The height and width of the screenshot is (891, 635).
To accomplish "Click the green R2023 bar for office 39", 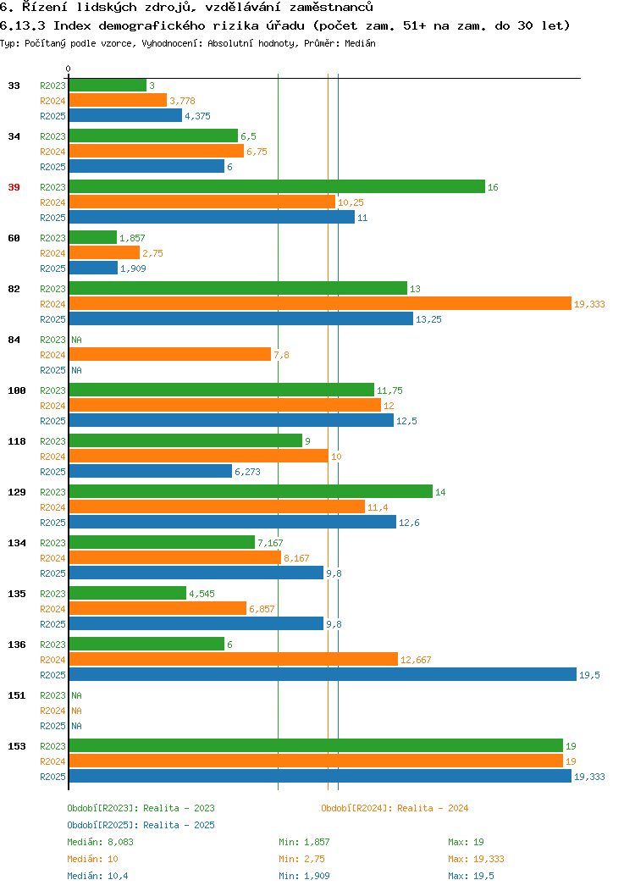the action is pos(277,187).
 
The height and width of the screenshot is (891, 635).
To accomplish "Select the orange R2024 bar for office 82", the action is pos(320,304).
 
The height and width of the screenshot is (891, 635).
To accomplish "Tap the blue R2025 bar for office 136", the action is pos(323,674).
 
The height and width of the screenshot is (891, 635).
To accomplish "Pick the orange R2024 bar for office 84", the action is pos(170,355).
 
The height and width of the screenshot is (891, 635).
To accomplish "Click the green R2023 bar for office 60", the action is pos(93,237).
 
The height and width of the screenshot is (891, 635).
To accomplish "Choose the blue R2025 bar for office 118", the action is pos(151,471).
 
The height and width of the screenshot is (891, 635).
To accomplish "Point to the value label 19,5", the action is pos(589,675).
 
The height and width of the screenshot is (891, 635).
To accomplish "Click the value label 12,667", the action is pos(416,660).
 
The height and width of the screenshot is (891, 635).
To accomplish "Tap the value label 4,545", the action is pos(202,594).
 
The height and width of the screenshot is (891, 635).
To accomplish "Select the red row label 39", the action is pos(14,187).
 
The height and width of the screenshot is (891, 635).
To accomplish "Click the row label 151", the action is pos(16,695).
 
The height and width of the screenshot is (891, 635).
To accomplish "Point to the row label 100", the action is pos(16,391).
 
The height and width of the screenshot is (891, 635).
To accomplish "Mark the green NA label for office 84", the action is pos(77,340).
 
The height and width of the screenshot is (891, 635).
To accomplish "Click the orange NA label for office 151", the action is pos(77,711).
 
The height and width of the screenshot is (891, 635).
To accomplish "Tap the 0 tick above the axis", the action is pos(69,69).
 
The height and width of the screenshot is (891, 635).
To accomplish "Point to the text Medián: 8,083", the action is pos(100,842).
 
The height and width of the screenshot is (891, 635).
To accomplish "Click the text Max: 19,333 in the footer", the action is pos(476,859).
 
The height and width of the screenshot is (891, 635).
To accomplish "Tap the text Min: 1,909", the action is pos(304,877).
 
